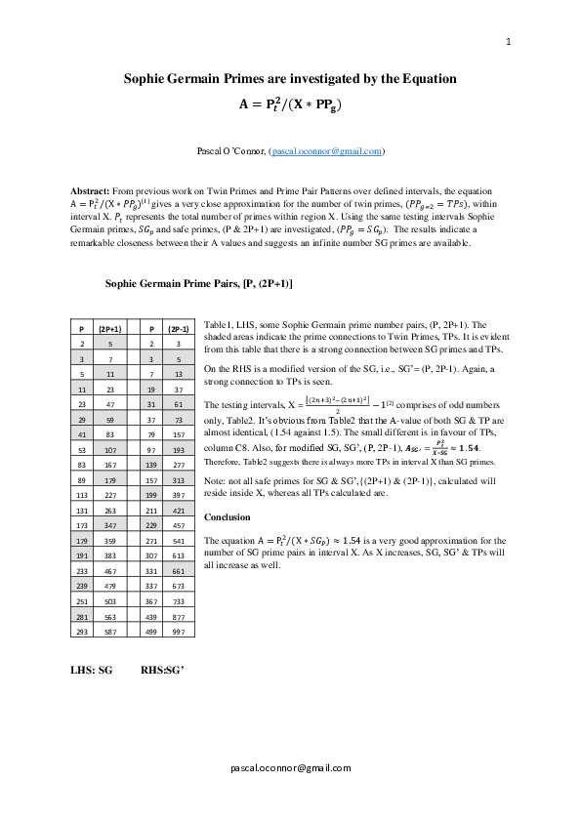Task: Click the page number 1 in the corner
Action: (x=509, y=42)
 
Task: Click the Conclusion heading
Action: (x=227, y=517)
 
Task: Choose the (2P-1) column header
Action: (x=179, y=330)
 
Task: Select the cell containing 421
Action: (x=179, y=510)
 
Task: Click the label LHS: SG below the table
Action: (x=91, y=672)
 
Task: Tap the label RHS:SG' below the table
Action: (x=162, y=672)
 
